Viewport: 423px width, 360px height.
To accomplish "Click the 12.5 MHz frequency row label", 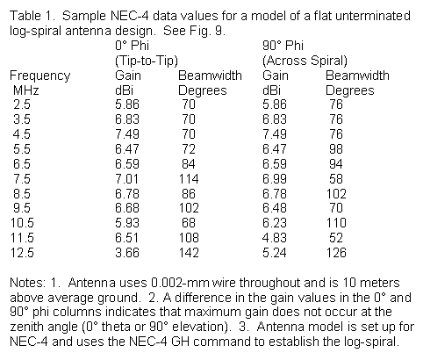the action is pyautogui.click(x=22, y=253).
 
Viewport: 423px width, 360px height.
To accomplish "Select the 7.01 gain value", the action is pyautogui.click(x=127, y=178).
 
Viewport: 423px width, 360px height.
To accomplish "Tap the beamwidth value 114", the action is pyautogui.click(x=189, y=178).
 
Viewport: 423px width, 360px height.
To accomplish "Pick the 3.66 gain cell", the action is pyautogui.click(x=127, y=253).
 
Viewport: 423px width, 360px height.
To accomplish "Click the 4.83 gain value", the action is pyautogui.click(x=275, y=238).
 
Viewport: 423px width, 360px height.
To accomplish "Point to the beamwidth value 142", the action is pyautogui.click(x=189, y=253).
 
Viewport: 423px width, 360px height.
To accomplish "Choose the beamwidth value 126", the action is pyautogui.click(x=336, y=253).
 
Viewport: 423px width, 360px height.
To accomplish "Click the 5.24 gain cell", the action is pyautogui.click(x=275, y=253).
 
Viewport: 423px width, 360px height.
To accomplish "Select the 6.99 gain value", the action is pyautogui.click(x=275, y=178).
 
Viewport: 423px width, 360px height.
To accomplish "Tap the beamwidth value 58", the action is pyautogui.click(x=336, y=178).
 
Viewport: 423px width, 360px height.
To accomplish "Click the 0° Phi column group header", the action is pyautogui.click(x=132, y=46).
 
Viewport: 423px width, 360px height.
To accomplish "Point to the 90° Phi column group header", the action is pyautogui.click(x=283, y=46).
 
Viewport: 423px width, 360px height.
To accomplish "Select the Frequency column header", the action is pyautogui.click(x=40, y=76).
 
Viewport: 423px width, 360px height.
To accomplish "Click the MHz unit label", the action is pyautogui.click(x=25, y=90).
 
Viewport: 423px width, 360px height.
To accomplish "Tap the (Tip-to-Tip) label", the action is pyautogui.click(x=147, y=61).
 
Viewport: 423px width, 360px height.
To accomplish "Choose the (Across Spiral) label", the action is pyautogui.click(x=305, y=61).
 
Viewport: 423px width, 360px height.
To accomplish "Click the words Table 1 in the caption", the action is pyautogui.click(x=32, y=16).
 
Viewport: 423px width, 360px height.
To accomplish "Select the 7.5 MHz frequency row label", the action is pyautogui.click(x=22, y=178).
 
